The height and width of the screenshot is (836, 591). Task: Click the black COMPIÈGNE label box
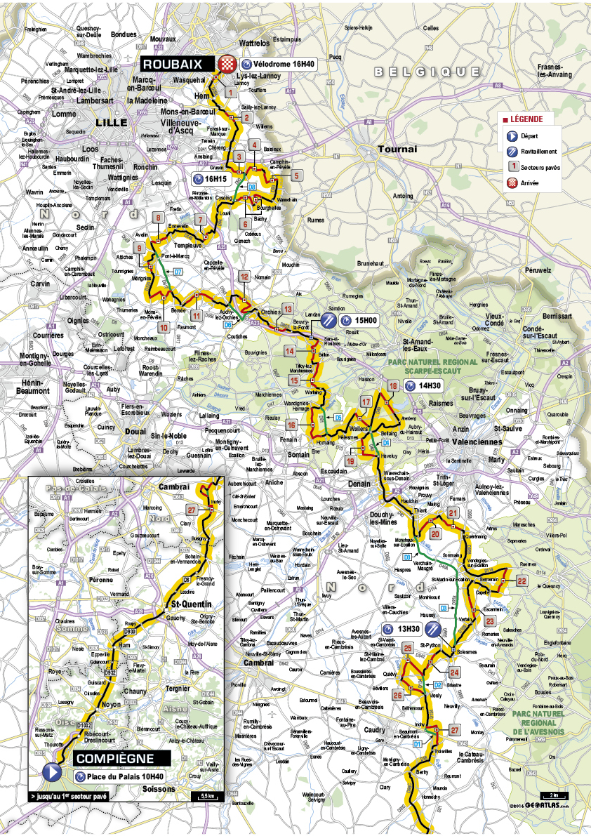click(113, 758)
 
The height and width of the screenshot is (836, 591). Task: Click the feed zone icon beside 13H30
click(434, 628)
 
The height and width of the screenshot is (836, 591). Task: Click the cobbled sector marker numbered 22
click(522, 580)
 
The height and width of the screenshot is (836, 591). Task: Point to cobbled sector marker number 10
click(163, 328)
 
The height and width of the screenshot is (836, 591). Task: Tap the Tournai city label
click(397, 149)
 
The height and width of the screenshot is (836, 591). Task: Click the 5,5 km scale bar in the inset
click(208, 795)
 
